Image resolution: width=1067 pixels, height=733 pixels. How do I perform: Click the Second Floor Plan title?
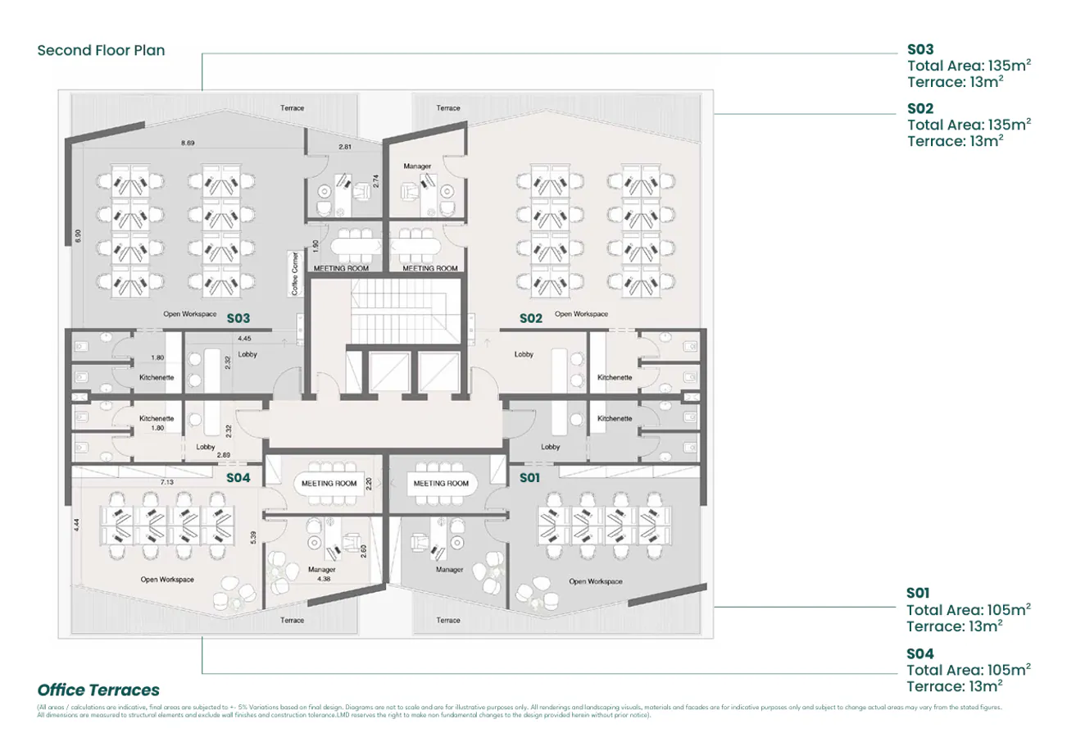(101, 50)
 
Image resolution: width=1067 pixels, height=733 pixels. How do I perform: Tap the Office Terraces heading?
(98, 690)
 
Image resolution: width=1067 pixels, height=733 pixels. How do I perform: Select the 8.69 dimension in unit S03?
(188, 143)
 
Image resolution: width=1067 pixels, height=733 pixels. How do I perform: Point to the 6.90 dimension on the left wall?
(77, 235)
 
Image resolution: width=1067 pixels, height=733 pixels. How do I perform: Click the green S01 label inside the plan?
(530, 477)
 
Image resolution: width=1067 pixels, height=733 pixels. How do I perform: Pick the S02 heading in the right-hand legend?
(920, 108)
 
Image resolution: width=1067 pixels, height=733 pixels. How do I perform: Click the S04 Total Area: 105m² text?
(968, 669)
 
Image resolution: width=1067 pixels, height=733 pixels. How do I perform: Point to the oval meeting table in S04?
(329, 483)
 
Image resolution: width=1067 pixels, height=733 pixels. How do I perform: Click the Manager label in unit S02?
(417, 166)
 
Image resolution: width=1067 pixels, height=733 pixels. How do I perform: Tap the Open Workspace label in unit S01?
(595, 581)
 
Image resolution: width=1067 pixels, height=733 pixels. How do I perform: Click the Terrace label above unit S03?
(292, 108)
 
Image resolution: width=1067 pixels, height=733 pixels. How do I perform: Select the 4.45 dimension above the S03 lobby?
(244, 338)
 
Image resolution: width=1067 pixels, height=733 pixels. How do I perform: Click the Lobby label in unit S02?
(524, 354)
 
